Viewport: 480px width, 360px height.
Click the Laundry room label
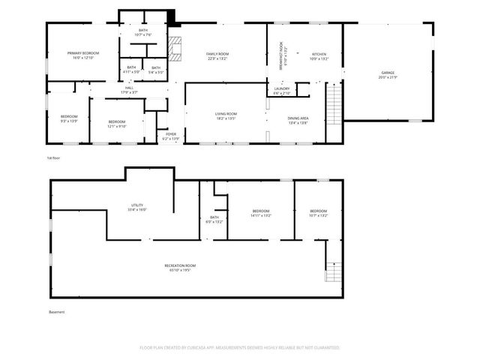point(282,90)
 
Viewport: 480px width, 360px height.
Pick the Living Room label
point(226,115)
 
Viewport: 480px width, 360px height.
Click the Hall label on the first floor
point(129,90)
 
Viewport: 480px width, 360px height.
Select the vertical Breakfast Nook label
point(280,55)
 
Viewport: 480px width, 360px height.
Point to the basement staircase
point(332,271)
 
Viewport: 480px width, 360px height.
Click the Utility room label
point(137,206)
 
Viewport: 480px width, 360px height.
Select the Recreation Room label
point(180,267)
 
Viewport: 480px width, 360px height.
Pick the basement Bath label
point(214,219)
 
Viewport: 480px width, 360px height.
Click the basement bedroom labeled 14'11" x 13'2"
point(260,213)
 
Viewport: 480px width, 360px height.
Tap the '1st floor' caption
point(52,158)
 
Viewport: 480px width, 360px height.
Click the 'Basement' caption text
point(57,312)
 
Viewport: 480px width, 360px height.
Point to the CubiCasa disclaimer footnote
point(240,348)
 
